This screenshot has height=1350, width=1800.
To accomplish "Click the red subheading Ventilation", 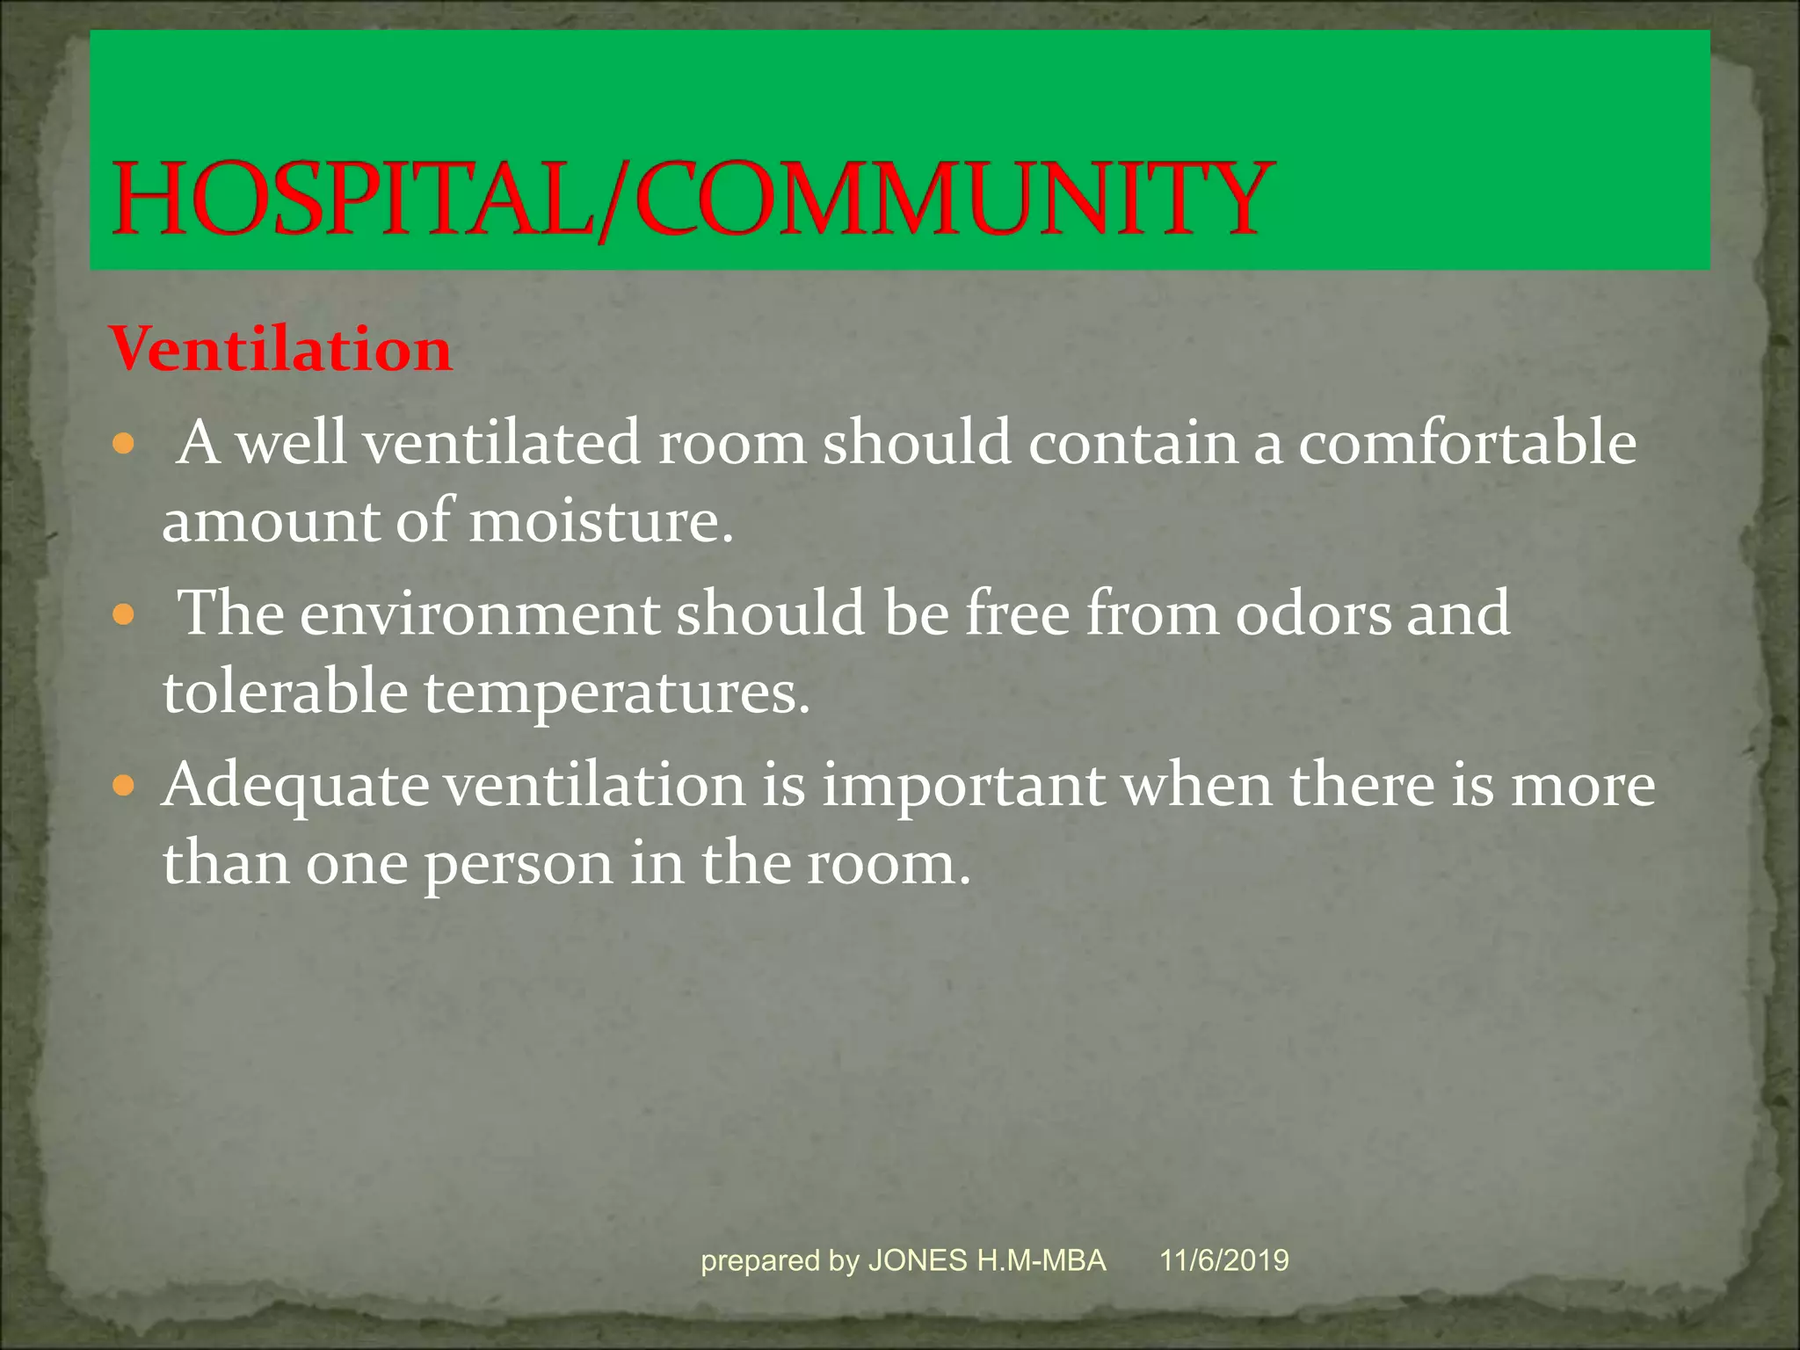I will tap(281, 350).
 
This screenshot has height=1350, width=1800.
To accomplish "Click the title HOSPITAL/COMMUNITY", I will tap(690, 200).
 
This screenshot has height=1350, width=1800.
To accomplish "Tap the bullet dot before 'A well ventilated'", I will tap(124, 443).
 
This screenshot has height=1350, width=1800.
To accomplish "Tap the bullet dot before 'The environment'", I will tap(124, 613).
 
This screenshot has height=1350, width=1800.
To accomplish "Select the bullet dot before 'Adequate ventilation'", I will tap(124, 784).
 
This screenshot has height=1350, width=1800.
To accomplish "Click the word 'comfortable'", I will tap(1467, 442).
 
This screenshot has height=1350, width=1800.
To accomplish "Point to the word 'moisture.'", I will tap(600, 520).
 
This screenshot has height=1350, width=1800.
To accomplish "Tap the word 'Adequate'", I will tap(295, 785).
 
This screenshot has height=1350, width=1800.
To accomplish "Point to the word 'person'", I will tap(519, 864).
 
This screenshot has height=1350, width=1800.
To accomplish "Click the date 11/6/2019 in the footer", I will tap(1223, 1260).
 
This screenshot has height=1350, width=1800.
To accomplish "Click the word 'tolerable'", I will tap(285, 692).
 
